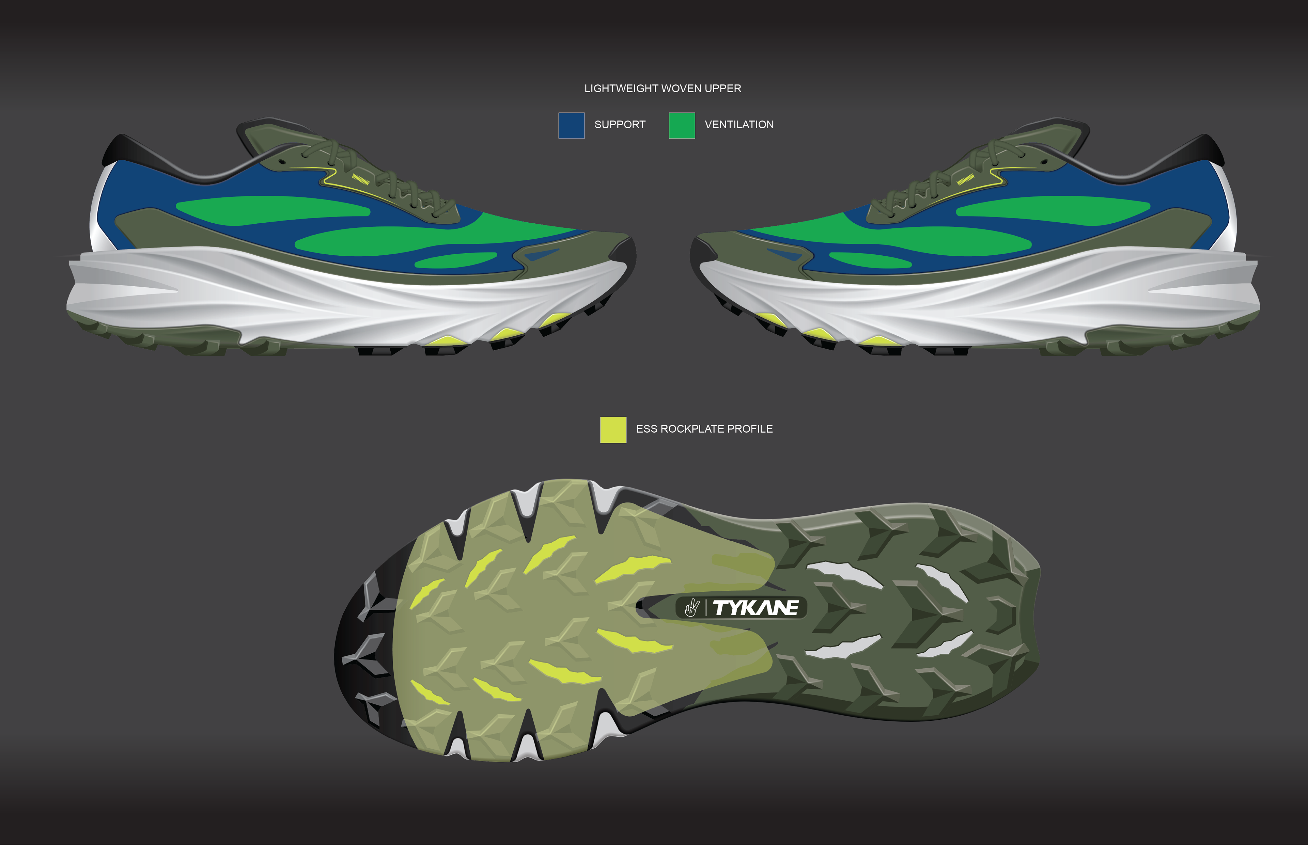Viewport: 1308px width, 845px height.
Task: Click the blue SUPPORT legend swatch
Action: (x=571, y=125)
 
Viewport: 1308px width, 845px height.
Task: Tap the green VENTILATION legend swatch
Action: (x=682, y=125)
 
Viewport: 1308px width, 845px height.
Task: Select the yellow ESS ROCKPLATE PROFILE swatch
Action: (x=613, y=430)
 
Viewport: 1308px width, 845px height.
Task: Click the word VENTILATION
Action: (x=739, y=125)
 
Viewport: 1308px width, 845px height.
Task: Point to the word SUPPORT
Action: (x=620, y=125)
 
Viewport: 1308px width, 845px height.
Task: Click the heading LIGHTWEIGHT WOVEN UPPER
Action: (x=663, y=88)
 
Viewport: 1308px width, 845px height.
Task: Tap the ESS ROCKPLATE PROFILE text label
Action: (x=704, y=429)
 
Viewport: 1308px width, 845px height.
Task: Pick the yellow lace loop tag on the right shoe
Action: (x=965, y=179)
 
